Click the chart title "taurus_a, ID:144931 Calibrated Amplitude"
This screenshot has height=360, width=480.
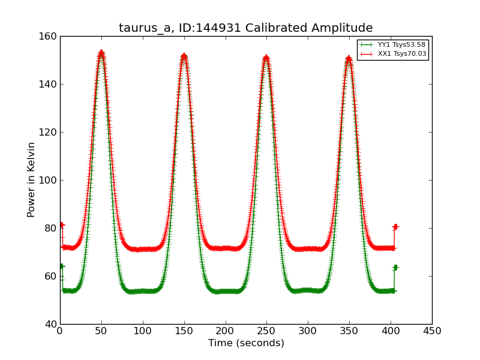tap(245, 28)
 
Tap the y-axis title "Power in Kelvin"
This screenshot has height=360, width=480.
tap(32, 179)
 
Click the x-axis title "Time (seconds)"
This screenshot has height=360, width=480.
tap(246, 343)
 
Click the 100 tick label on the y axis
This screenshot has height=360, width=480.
tap(49, 180)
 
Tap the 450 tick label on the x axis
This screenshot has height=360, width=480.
tap(432, 331)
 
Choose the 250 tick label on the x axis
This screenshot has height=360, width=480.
tap(266, 331)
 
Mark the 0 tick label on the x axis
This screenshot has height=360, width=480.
tap(60, 331)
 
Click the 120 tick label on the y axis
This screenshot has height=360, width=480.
tap(49, 132)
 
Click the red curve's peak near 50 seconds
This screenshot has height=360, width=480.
tap(101, 52)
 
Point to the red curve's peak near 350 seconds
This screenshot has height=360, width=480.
tap(349, 58)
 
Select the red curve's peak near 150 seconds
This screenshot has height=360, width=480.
tap(184, 56)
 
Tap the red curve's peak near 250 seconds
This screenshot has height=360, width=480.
tap(266, 58)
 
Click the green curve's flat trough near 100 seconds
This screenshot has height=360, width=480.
tap(143, 291)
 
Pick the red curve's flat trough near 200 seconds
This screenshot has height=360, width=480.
tap(226, 248)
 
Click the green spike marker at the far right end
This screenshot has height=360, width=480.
tap(395, 267)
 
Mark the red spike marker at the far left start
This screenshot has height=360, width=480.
tap(61, 225)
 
